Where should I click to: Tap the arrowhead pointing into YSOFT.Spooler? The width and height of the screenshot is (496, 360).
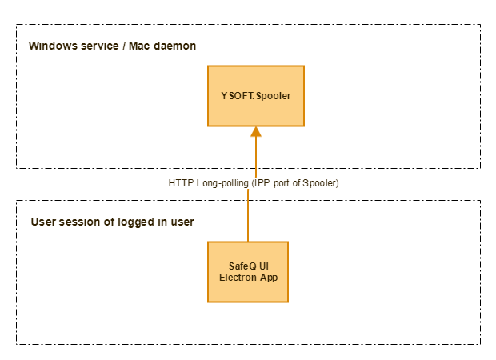point(256,132)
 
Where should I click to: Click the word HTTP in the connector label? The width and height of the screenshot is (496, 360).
point(181,183)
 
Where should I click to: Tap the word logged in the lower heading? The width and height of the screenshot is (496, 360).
point(133,222)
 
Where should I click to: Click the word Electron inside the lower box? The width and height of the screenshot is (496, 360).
point(238,278)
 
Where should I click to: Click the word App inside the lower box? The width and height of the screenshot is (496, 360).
point(268,278)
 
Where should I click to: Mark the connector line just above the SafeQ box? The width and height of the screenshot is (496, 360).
point(248,228)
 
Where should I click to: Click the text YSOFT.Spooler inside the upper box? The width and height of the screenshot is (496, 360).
point(256,96)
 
